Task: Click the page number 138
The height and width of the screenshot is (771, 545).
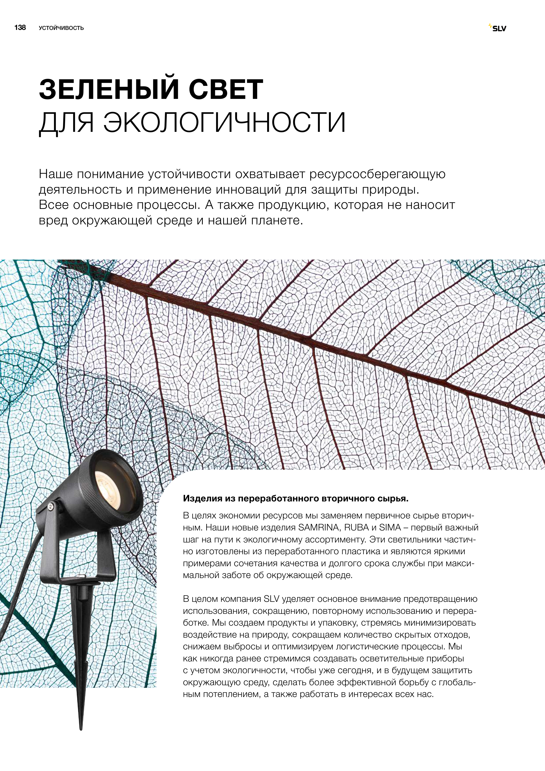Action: click(x=20, y=28)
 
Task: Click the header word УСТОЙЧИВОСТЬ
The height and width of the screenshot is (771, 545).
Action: click(x=61, y=28)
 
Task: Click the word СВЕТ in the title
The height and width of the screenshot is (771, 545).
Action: click(x=226, y=90)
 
